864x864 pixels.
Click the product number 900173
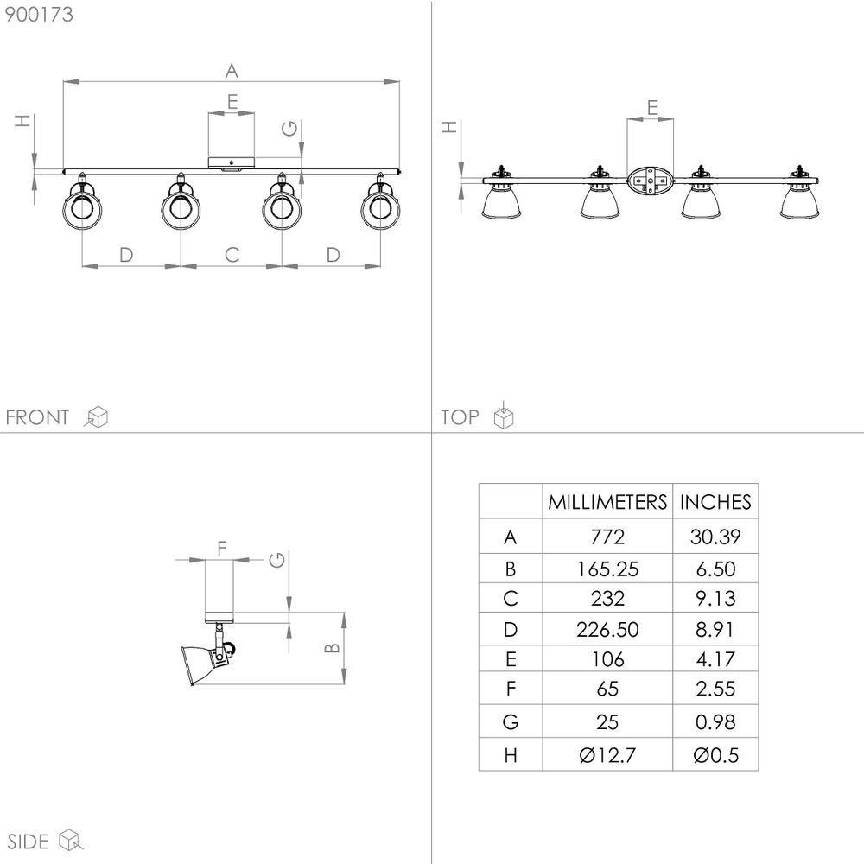39,15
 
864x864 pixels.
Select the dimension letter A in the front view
232,71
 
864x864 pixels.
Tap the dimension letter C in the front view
232,255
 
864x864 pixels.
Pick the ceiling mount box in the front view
232,162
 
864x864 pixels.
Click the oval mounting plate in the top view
651,181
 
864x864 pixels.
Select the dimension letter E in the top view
651,107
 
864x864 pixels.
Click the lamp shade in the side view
200,664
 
